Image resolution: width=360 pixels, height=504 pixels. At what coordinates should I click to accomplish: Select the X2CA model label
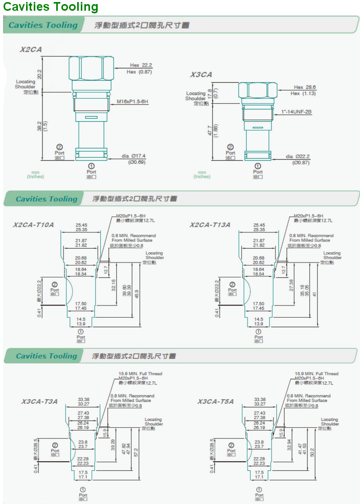point(31,50)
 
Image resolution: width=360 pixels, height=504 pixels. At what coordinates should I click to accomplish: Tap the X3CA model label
point(201,75)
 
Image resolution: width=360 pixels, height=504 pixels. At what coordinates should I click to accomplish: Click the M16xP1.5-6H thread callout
point(132,102)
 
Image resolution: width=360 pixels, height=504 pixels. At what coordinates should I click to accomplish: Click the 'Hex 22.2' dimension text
point(141,65)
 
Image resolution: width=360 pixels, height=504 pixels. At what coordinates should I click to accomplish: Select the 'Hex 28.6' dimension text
point(305,87)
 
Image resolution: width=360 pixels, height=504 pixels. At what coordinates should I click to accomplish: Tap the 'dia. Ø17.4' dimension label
point(133,156)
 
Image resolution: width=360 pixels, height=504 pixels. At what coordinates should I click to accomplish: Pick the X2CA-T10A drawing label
point(33,225)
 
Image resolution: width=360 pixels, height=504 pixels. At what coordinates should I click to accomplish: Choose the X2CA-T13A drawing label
point(210,225)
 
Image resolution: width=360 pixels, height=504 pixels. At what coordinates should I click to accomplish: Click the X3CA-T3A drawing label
point(39,402)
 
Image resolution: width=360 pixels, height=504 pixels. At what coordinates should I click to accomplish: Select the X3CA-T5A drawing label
point(215,402)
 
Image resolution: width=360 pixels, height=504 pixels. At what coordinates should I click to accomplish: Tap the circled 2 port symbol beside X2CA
point(59,146)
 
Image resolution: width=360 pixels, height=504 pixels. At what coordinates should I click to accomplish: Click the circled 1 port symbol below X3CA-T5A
point(259,490)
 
